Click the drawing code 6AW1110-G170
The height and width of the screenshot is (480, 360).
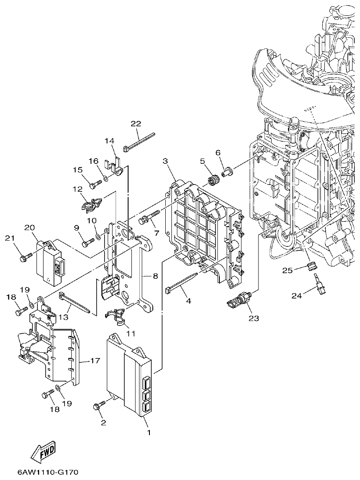(48, 473)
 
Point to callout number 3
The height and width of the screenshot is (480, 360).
(165, 162)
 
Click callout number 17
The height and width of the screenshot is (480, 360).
(95, 361)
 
